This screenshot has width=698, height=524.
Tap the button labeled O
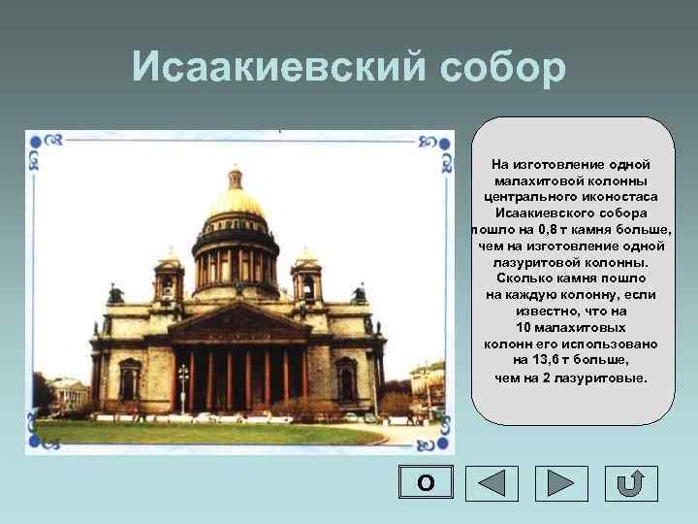point(424,483)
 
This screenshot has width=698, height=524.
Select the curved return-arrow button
point(631,483)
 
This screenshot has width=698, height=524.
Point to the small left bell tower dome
point(170,260)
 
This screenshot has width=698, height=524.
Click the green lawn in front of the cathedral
point(194,433)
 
